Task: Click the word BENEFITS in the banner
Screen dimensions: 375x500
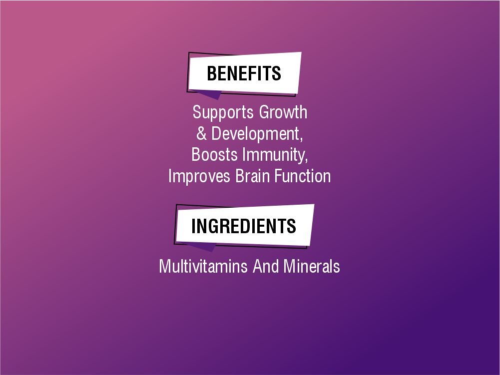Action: pyautogui.click(x=244, y=73)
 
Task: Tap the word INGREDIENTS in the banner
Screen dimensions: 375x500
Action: pyautogui.click(x=244, y=226)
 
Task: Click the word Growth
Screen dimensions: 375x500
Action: pyautogui.click(x=283, y=112)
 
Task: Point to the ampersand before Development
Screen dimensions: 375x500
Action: pyautogui.click(x=202, y=134)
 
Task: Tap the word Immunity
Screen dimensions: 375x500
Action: pyautogui.click(x=273, y=155)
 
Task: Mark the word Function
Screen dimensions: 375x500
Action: pyautogui.click(x=306, y=176)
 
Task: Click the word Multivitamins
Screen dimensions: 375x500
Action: pyautogui.click(x=203, y=266)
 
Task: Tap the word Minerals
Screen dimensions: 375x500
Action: pyautogui.click(x=312, y=266)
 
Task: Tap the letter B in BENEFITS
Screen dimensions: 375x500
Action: pyautogui.click(x=211, y=73)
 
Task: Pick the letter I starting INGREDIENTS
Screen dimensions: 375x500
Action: pyautogui.click(x=194, y=226)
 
